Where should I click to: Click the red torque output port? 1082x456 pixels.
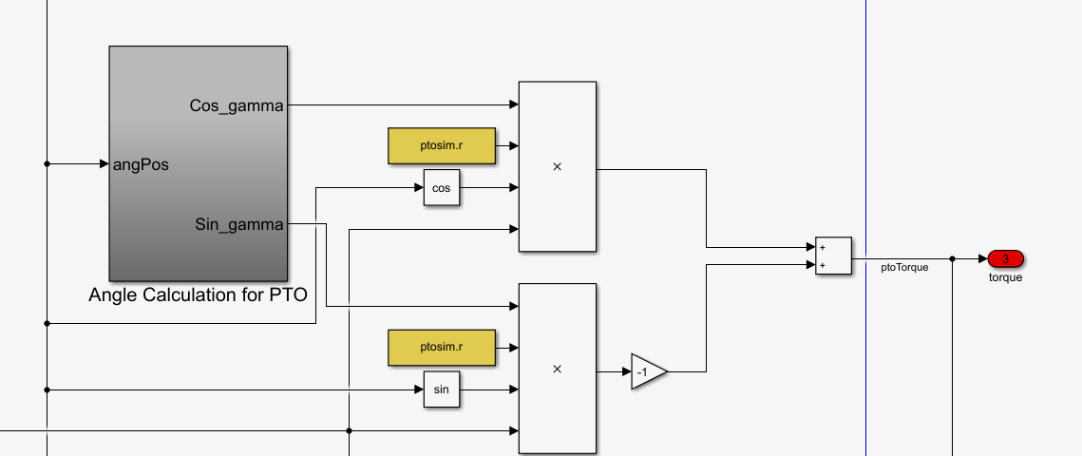[x=1005, y=258]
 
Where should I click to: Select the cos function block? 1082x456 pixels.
[x=441, y=188]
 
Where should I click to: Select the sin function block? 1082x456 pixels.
[x=441, y=389]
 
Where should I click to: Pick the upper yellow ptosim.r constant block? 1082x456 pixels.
[x=442, y=146]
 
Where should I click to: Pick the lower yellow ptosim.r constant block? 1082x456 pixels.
[x=442, y=348]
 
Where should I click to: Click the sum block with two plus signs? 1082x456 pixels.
[x=833, y=256]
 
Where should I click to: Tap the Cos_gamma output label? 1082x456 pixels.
[x=237, y=106]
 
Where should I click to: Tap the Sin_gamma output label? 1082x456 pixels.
[x=238, y=225]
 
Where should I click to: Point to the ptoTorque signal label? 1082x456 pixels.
[x=904, y=268]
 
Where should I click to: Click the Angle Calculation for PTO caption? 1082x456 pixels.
[x=198, y=294]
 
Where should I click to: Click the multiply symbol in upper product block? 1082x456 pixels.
[x=557, y=167]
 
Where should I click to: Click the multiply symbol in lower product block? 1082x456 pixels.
[x=557, y=370]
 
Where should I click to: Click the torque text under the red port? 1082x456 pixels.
[x=1005, y=277]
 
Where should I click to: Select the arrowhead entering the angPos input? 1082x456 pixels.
[x=104, y=163]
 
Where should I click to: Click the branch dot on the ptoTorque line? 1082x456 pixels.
[x=953, y=258]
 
